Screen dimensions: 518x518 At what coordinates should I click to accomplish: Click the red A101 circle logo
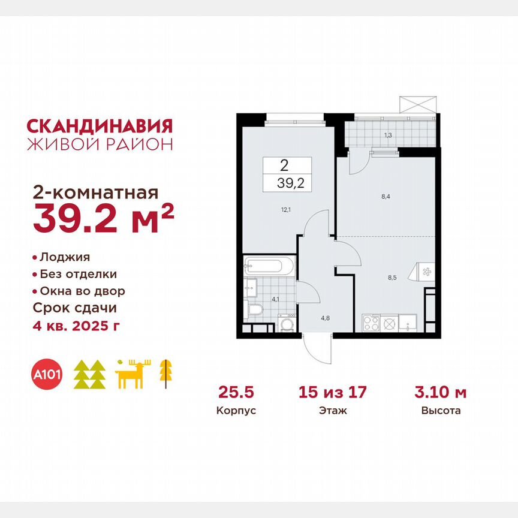(x=50, y=375)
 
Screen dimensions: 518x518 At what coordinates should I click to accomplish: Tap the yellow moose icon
(x=133, y=375)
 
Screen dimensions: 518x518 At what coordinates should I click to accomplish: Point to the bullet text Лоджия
(x=65, y=257)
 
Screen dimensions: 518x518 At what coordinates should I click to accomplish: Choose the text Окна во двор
(x=82, y=291)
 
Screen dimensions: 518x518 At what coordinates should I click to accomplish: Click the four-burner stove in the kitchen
(x=371, y=324)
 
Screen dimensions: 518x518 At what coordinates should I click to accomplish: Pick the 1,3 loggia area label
(x=389, y=136)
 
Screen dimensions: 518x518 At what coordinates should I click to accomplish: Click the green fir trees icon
(x=89, y=375)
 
